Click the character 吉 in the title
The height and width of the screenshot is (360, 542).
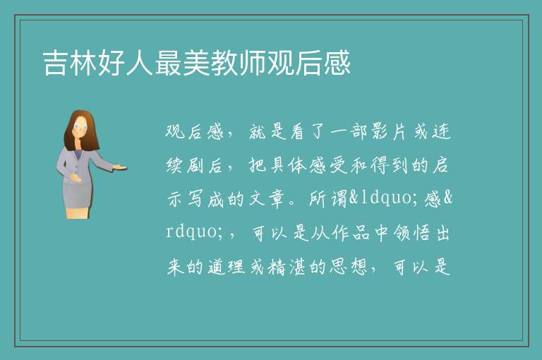click(x=55, y=63)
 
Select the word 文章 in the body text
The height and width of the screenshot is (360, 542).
click(x=267, y=199)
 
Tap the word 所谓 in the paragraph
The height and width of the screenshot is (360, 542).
click(x=327, y=199)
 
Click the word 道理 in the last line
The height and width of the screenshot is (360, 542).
click(x=227, y=267)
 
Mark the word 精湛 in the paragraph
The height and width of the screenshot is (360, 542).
click(x=287, y=267)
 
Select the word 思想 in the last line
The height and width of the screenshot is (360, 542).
click(x=348, y=267)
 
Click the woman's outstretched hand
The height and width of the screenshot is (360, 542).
click(x=119, y=168)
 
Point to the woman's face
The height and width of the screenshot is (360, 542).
click(x=80, y=127)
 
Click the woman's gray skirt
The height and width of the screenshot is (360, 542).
click(x=78, y=194)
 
